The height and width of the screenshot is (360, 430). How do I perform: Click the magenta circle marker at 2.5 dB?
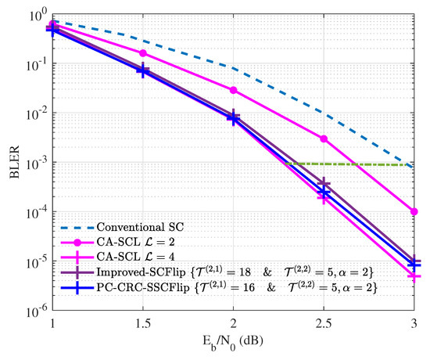point(324,139)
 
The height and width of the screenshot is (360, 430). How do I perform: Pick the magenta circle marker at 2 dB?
point(233,90)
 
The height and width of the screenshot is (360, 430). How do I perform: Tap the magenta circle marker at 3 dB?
point(414,211)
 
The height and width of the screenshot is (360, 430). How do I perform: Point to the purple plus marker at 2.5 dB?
point(324,184)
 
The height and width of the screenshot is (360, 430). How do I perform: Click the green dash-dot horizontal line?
point(352,164)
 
